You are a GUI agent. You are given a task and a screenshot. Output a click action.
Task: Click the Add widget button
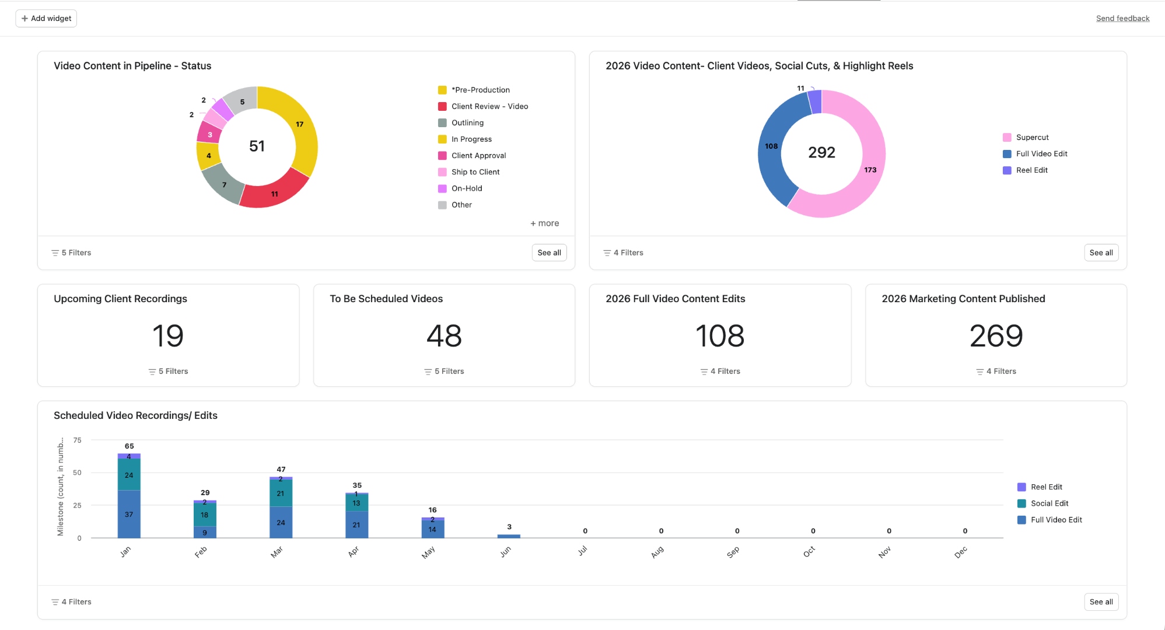point(46,19)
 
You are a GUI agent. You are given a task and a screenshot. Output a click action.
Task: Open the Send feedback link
point(1122,19)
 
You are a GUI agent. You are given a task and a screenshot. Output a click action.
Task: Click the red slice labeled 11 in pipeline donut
point(274,193)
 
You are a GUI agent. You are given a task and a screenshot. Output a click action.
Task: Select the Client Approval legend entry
point(478,156)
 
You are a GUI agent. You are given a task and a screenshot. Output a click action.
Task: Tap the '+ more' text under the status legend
point(544,223)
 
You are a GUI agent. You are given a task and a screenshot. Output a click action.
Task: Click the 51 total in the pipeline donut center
point(257,146)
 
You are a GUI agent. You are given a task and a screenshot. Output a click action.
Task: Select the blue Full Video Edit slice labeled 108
point(772,146)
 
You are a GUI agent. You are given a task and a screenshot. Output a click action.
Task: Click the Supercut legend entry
point(1031,138)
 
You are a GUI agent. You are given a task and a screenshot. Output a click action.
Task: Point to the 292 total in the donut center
point(821,153)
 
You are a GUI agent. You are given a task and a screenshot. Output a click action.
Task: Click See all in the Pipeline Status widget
point(549,253)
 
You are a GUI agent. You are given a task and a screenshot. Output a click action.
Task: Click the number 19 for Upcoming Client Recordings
point(168,336)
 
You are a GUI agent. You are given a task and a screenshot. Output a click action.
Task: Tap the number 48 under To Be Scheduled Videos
point(444,336)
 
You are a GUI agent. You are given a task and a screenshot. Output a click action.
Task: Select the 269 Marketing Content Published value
point(996,336)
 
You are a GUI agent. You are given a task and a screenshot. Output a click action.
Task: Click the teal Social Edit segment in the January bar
point(129,475)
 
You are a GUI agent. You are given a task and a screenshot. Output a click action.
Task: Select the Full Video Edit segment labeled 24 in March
point(281,523)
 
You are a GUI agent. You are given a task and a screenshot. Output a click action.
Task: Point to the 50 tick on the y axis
point(77,473)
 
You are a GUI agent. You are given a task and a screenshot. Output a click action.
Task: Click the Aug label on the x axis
point(657,552)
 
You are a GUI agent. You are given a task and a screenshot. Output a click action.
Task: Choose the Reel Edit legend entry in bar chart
point(1045,487)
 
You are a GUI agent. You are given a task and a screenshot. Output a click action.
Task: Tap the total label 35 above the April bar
point(357,485)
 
